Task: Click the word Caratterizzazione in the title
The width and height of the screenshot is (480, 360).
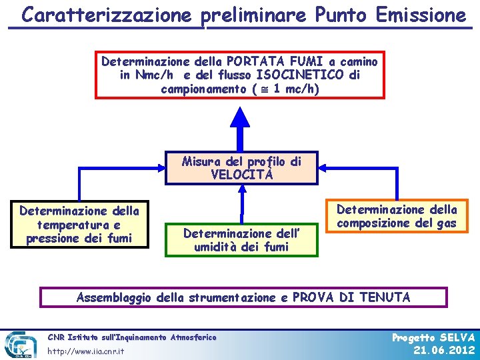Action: point(111,15)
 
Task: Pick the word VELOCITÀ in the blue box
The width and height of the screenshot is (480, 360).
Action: point(241,175)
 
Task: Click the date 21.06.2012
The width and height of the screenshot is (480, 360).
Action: point(444,351)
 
